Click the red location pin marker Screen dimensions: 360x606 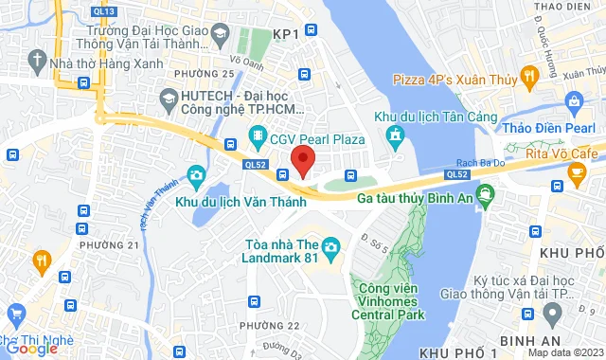pyautogui.click(x=302, y=159)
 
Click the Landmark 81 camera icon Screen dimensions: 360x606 pyautogui.click(x=330, y=248)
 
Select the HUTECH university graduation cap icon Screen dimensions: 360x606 pyautogui.click(x=169, y=97)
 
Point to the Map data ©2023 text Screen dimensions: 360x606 pyautogui.click(x=565, y=352)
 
